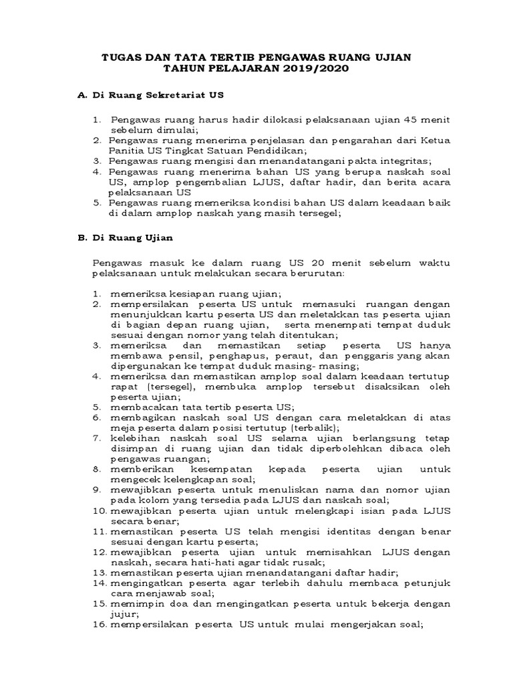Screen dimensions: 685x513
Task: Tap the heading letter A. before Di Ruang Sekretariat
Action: click(x=83, y=96)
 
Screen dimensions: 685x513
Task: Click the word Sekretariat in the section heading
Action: click(x=177, y=96)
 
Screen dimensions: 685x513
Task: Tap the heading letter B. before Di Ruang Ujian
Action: click(x=83, y=236)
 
